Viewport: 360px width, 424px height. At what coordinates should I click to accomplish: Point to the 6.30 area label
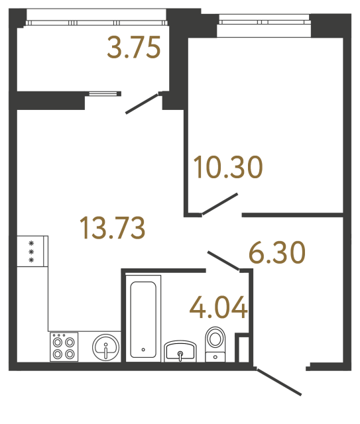[x=276, y=252]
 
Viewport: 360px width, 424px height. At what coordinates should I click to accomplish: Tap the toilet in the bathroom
[x=216, y=341]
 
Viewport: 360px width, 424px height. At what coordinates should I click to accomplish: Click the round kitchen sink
[x=105, y=346]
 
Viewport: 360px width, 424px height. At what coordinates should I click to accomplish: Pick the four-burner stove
[x=64, y=346]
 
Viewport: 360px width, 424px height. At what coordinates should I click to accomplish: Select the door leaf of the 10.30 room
[x=219, y=204]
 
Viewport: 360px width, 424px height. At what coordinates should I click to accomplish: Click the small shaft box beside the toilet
[x=243, y=348]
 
